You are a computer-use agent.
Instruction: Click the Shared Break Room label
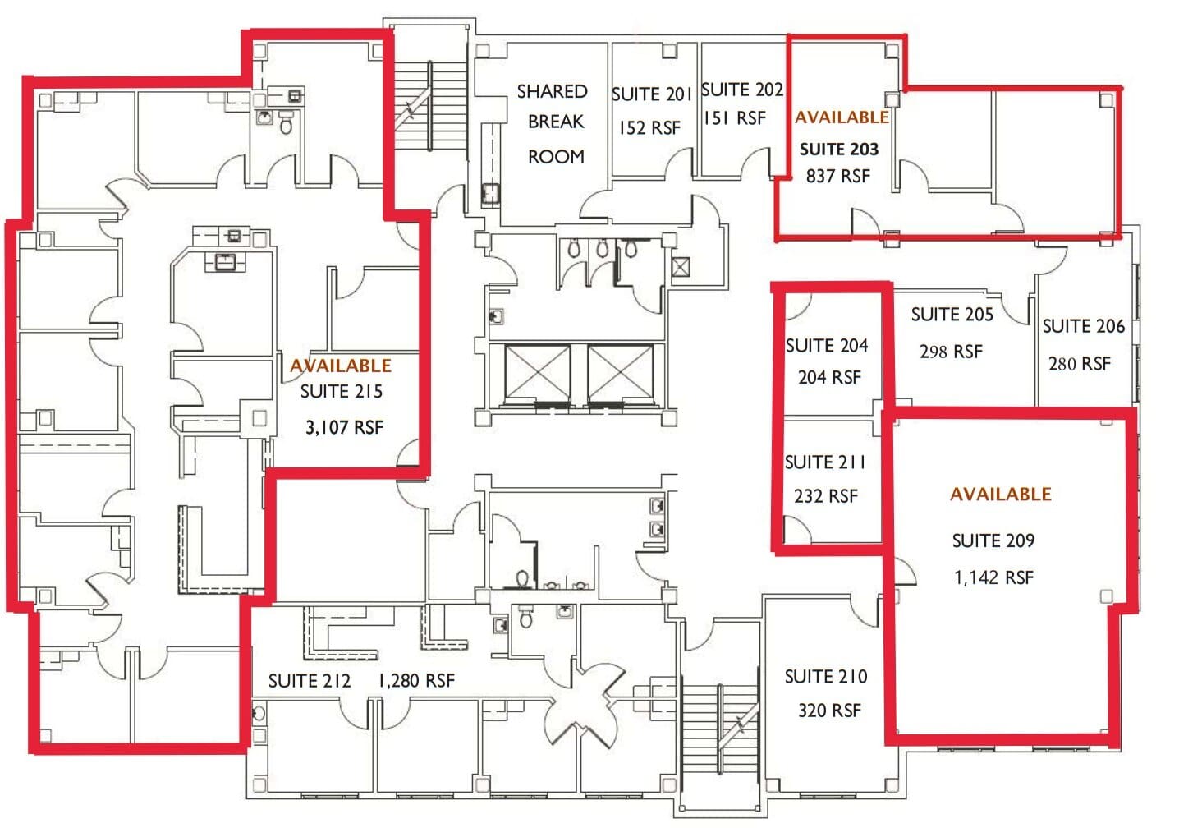click(x=554, y=122)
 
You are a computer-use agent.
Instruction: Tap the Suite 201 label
click(x=652, y=94)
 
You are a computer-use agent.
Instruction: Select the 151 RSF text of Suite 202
click(x=734, y=118)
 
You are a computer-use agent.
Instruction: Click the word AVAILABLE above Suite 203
click(x=842, y=117)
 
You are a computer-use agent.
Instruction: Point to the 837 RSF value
click(x=837, y=176)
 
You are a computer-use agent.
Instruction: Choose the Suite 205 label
click(x=952, y=315)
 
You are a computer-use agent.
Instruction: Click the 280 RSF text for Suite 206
click(x=1079, y=363)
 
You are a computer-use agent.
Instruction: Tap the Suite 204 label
click(x=826, y=346)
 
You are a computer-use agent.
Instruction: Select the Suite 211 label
click(x=825, y=462)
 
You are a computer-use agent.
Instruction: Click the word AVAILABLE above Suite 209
click(x=1000, y=494)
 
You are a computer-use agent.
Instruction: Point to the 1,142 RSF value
click(x=993, y=577)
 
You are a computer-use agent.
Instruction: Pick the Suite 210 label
click(x=825, y=677)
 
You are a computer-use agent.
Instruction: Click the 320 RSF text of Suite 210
click(x=829, y=711)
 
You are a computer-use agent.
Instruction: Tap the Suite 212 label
click(x=310, y=681)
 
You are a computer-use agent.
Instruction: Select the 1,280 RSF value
click(x=416, y=681)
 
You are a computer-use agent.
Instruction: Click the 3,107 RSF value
click(x=344, y=427)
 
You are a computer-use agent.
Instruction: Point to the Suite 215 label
click(x=341, y=392)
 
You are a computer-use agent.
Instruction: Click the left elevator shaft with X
click(x=538, y=375)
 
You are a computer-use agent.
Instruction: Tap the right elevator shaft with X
click(x=621, y=375)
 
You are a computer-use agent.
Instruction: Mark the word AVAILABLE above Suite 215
click(x=340, y=366)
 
